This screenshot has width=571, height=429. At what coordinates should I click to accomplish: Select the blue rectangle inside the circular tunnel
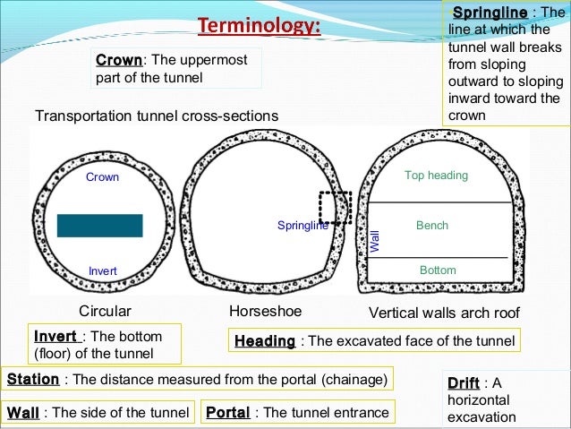coord(99,225)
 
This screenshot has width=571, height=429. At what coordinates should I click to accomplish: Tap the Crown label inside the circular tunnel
coord(102,177)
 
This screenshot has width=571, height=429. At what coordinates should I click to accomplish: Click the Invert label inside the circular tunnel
coord(102,270)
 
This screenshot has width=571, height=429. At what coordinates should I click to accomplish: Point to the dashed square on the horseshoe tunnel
coord(336,208)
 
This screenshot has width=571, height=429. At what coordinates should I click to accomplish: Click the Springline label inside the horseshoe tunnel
coord(303,226)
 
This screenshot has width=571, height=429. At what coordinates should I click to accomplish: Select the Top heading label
coord(436,176)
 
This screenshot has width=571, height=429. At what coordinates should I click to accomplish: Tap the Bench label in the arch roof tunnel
coord(432,226)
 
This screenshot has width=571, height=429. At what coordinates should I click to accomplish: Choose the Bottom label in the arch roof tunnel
coord(438,270)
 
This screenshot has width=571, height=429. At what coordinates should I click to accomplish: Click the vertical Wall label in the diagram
coord(375,239)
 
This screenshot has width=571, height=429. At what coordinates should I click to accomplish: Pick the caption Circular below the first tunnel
coord(106,312)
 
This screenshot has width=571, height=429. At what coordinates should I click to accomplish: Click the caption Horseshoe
coord(266,312)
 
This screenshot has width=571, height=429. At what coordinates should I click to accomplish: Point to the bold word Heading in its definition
coord(265,341)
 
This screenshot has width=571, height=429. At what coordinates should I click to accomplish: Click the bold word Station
coord(33,379)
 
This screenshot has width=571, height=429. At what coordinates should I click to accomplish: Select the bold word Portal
coord(227,413)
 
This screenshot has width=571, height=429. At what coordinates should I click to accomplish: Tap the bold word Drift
coord(463,383)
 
